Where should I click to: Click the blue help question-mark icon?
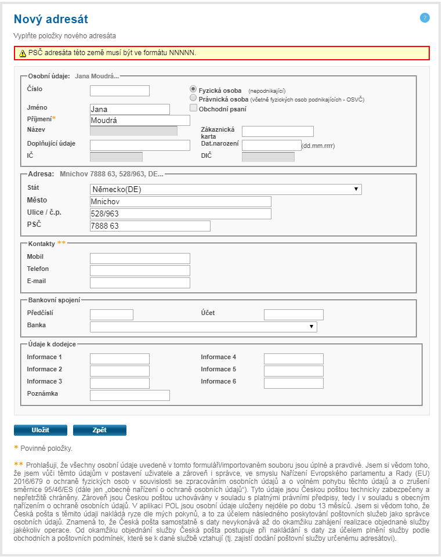(425, 18)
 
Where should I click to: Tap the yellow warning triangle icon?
(23, 53)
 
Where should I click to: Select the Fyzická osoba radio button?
(194, 89)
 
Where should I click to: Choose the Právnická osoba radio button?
(194, 99)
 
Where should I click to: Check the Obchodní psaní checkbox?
(194, 108)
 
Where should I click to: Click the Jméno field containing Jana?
(130, 109)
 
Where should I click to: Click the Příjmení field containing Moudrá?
(140, 120)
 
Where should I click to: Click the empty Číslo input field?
(119, 91)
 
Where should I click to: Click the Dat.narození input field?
(271, 145)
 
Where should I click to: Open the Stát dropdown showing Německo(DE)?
(226, 189)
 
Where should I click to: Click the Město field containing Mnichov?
(180, 201)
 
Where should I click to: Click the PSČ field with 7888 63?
(150, 226)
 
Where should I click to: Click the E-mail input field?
(140, 283)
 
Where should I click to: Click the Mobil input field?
(140, 258)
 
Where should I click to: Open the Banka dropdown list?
(203, 327)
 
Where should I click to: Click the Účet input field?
(294, 314)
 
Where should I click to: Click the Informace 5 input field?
(294, 371)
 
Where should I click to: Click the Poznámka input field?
(130, 395)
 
